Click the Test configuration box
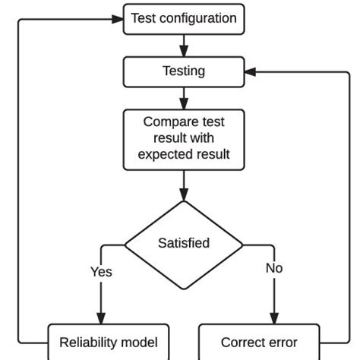184,19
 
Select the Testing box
184,71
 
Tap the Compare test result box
184,138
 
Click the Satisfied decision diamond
184,244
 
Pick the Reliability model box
109,343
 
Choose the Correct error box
259,343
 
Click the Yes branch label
101,271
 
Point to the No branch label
274,268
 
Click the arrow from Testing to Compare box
184,97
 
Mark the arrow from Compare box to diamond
184,185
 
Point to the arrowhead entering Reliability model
101,318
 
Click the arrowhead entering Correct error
274,318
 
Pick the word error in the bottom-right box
280,343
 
